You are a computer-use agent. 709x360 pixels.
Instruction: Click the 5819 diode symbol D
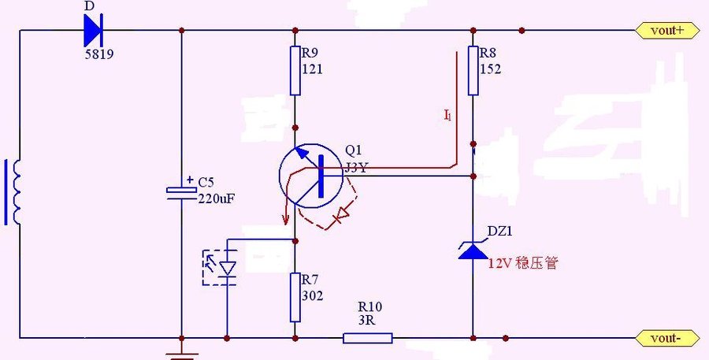point(91,31)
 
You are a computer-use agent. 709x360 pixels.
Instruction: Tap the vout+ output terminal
point(665,31)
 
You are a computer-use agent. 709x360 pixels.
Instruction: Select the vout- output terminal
point(665,338)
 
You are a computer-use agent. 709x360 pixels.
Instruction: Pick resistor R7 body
point(295,297)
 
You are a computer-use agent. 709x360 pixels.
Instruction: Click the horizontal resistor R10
point(367,338)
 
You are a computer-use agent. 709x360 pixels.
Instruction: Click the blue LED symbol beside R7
point(226,268)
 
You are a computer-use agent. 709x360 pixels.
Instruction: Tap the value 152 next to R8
point(490,69)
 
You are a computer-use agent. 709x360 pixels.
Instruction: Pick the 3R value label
point(367,320)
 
